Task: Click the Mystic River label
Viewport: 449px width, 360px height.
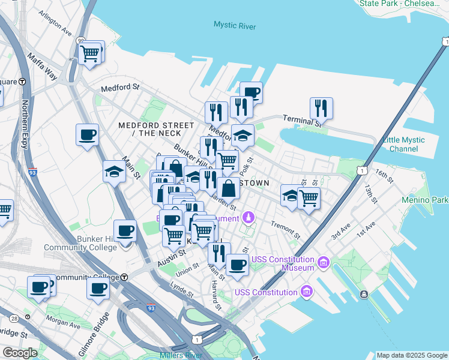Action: (x=235, y=26)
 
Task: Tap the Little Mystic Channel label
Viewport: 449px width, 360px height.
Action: (x=403, y=144)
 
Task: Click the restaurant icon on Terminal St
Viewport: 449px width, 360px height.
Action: (x=321, y=109)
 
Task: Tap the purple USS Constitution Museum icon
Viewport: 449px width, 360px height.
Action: (x=323, y=262)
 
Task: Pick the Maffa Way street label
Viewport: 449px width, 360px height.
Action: (x=42, y=67)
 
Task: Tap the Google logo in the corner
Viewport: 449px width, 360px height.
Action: (x=20, y=353)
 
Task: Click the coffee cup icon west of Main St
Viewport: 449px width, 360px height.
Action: (x=87, y=134)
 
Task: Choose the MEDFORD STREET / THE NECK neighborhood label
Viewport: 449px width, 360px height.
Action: (x=156, y=129)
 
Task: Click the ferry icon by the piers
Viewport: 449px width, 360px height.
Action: (x=364, y=295)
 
